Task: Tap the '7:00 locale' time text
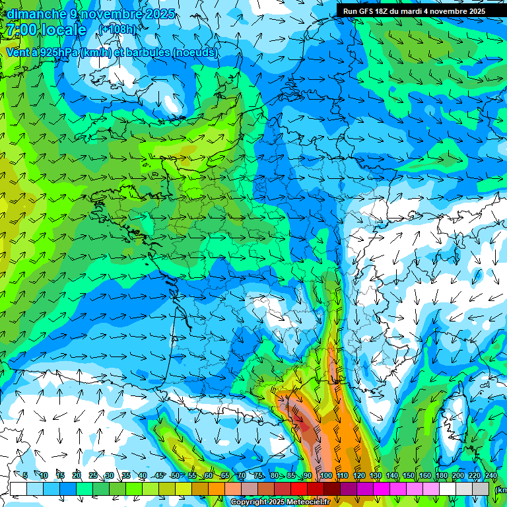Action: click(x=46, y=30)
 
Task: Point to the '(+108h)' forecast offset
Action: click(x=118, y=30)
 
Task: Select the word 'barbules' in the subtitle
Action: click(x=147, y=53)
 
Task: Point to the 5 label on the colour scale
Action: click(x=25, y=475)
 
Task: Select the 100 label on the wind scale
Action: click(x=325, y=475)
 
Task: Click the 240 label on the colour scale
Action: click(x=490, y=475)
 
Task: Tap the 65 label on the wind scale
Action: click(x=224, y=475)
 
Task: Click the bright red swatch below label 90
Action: click(x=299, y=489)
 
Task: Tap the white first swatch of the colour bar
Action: click(x=18, y=489)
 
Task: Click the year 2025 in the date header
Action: click(x=158, y=13)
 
